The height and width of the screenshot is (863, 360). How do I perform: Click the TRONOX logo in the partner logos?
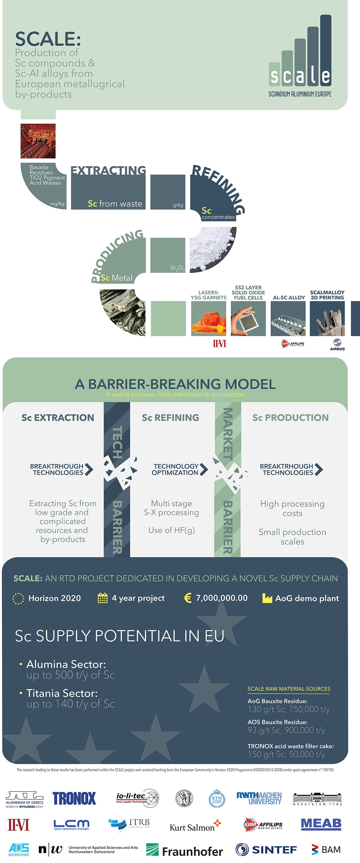pyautogui.click(x=74, y=798)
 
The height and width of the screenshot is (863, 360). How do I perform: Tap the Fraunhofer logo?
pyautogui.click(x=184, y=850)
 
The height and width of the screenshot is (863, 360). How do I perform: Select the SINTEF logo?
pyautogui.click(x=266, y=850)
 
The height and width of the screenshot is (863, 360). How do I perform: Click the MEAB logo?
pyautogui.click(x=321, y=824)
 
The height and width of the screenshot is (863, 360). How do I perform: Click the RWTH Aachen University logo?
pyautogui.click(x=259, y=798)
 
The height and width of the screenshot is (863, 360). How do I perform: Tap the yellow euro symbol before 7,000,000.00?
pyautogui.click(x=188, y=598)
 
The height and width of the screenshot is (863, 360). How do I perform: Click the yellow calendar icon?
pyautogui.click(x=102, y=598)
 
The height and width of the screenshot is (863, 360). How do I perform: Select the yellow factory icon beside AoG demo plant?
pyautogui.click(x=267, y=598)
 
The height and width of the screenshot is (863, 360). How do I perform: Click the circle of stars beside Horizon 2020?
pyautogui.click(x=18, y=598)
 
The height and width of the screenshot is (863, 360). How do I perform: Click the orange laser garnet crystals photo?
pyautogui.click(x=209, y=318)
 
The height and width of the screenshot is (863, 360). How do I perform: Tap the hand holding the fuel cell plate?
pyautogui.click(x=248, y=318)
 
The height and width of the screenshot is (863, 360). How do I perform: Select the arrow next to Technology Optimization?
pyautogui.click(x=203, y=469)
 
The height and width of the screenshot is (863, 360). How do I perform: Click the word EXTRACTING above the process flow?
pyautogui.click(x=108, y=170)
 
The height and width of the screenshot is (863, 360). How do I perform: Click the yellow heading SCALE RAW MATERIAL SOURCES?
pyautogui.click(x=289, y=689)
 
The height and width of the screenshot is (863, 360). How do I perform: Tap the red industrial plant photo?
pyautogui.click(x=38, y=141)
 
